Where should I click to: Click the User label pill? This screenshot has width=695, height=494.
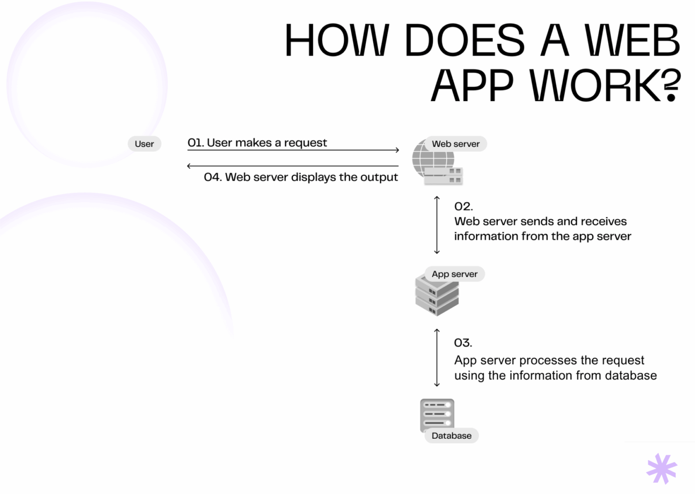(x=144, y=144)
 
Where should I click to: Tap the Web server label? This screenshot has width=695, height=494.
(x=455, y=144)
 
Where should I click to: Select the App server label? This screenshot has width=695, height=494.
(x=454, y=274)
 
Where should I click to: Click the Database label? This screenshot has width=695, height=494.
(x=451, y=436)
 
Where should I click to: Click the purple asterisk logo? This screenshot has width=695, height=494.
(x=662, y=468)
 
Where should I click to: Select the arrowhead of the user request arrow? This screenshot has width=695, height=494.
(x=397, y=150)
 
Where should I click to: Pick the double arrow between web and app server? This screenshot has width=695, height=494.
(x=437, y=225)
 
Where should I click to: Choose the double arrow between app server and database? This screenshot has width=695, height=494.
(x=437, y=358)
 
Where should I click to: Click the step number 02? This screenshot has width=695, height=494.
(x=463, y=206)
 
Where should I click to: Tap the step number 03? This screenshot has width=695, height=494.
(x=463, y=343)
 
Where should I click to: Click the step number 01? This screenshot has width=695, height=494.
(x=195, y=143)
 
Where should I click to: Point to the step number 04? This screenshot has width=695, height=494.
(x=213, y=177)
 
